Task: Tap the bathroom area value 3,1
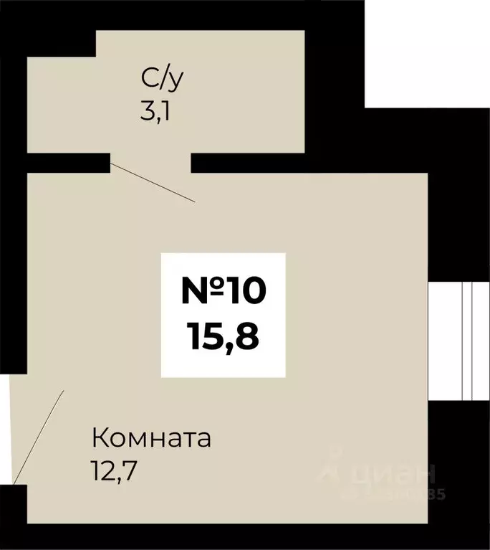tap(157, 113)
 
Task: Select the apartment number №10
tap(223, 290)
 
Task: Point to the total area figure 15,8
tap(223, 334)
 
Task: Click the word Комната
tap(151, 437)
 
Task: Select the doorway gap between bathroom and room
tap(150, 163)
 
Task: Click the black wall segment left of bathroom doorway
tap(68, 163)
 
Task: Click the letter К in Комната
tap(100, 437)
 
